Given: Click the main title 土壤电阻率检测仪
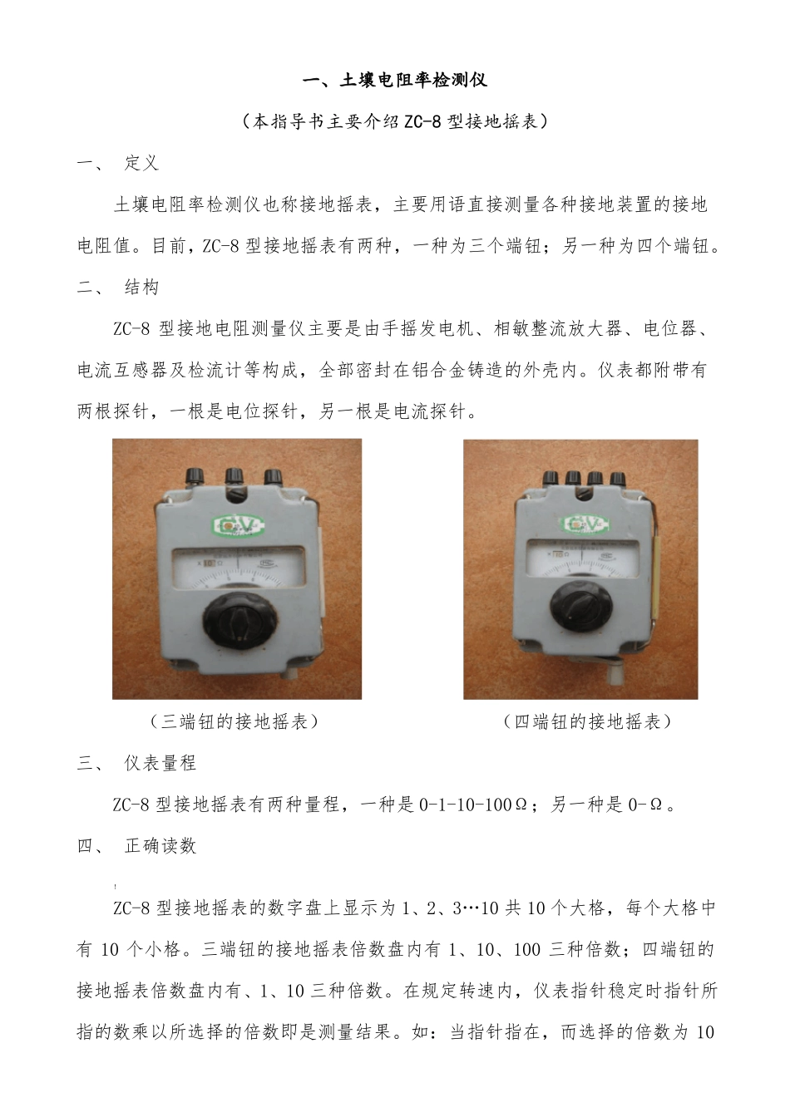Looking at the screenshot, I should [x=394, y=80].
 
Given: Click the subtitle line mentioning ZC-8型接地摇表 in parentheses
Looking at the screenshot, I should [x=394, y=121].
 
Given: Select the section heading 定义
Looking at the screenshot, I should [x=141, y=163].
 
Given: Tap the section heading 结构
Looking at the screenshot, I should [x=141, y=288].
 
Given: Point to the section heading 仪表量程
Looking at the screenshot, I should [x=160, y=763].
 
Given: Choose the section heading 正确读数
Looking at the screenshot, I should [x=160, y=846].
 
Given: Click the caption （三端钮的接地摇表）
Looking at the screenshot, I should [x=235, y=721].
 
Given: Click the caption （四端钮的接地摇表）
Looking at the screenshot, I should [x=587, y=721].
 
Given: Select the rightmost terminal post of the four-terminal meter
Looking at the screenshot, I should [x=617, y=479].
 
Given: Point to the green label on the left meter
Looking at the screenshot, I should [x=237, y=526].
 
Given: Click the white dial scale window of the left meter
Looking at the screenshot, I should [x=237, y=567].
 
